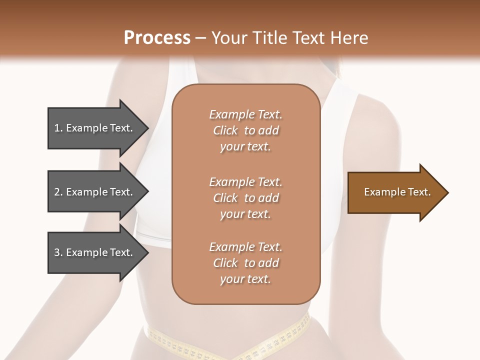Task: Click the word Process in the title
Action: point(157,38)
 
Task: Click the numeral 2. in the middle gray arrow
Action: point(58,192)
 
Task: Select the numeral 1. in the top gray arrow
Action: point(58,128)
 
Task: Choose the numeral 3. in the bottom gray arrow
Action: point(58,252)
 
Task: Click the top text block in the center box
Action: point(245,130)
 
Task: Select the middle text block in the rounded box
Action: point(245,197)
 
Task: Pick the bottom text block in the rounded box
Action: point(245,263)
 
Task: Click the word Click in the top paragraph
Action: point(225,130)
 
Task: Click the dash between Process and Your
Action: point(200,38)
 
